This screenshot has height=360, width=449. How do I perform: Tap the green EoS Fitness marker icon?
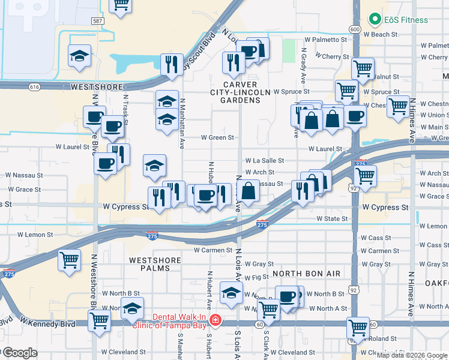point(376,19)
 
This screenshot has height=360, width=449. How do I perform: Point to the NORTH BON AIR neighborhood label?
point(307,274)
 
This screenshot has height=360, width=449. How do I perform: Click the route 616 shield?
point(34,87)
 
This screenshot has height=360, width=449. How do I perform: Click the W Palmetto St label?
point(326,39)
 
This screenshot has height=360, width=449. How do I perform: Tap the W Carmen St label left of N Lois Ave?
point(212,250)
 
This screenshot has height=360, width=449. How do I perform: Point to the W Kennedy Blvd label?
point(55,323)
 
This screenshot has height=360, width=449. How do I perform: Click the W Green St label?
point(217,137)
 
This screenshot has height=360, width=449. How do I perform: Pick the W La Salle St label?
point(265,161)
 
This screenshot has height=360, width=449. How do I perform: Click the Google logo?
point(19,353)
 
